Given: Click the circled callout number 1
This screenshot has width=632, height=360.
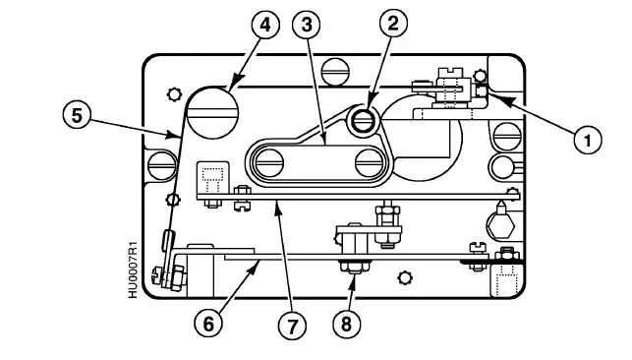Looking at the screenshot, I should coord(588,140).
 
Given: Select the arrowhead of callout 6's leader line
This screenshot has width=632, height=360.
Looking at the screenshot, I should coord(258,261).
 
